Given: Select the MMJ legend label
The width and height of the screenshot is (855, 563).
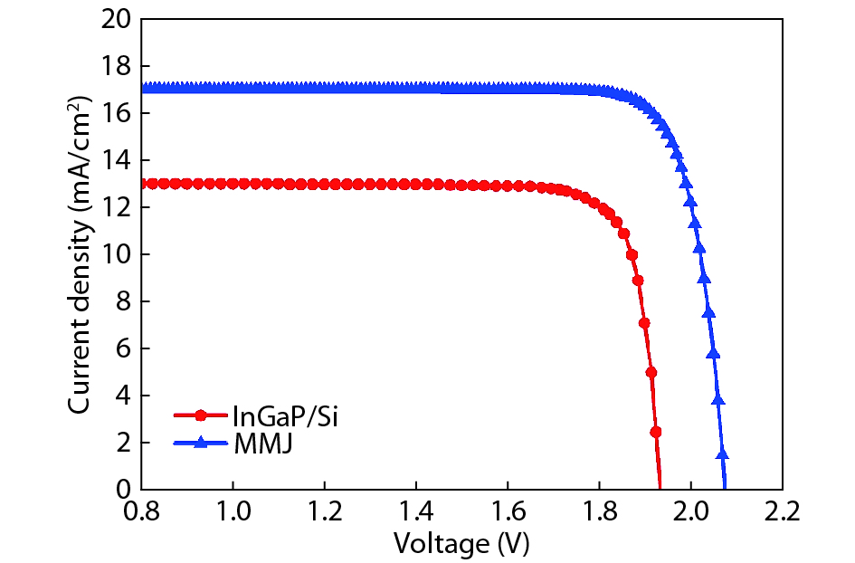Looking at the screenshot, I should tap(262, 444).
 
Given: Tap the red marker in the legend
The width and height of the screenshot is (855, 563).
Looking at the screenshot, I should tap(200, 416).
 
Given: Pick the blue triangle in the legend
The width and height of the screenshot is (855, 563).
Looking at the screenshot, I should tap(200, 443).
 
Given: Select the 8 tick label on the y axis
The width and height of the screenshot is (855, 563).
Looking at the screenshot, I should tap(125, 301).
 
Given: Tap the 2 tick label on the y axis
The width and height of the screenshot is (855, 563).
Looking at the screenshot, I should tap(125, 443).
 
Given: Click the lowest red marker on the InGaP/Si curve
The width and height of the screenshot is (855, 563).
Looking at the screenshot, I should tap(656, 432).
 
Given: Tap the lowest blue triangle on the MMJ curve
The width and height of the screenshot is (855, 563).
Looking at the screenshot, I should tap(722, 454).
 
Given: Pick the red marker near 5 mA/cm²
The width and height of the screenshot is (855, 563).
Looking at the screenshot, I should tap(651, 372).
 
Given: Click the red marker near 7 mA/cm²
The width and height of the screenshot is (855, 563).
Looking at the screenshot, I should tap(644, 322).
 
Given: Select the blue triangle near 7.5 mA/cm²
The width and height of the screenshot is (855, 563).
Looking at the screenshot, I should tap(708, 312).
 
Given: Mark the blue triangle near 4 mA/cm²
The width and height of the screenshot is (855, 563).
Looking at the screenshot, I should tap(717, 398).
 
